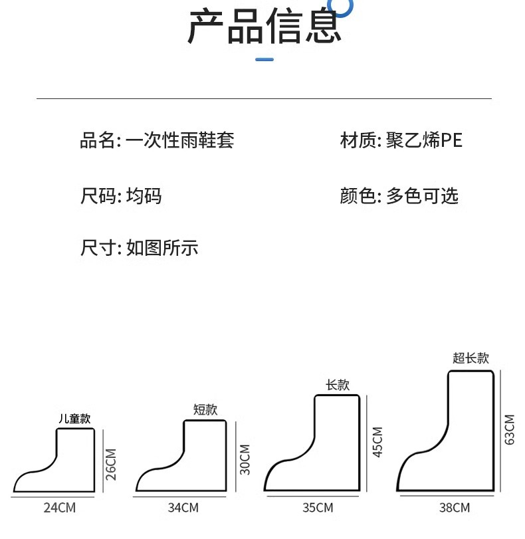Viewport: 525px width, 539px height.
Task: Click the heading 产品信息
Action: pyautogui.click(x=264, y=27)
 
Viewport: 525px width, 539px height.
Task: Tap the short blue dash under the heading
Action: pyautogui.click(x=264, y=60)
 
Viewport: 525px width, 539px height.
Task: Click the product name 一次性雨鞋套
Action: pyautogui.click(x=180, y=140)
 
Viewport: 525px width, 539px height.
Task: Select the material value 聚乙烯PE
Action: pyautogui.click(x=423, y=140)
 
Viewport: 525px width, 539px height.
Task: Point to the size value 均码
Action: pyautogui.click(x=144, y=196)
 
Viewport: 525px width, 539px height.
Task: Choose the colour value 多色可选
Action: pyautogui.click(x=422, y=196)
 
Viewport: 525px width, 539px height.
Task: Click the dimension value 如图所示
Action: pyautogui.click(x=162, y=249)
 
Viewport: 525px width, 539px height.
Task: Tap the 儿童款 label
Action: pyautogui.click(x=74, y=419)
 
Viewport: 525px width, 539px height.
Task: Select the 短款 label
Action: pyautogui.click(x=205, y=409)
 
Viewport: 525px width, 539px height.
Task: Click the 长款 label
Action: pyautogui.click(x=338, y=385)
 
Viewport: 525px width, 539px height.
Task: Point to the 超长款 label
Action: pyautogui.click(x=471, y=358)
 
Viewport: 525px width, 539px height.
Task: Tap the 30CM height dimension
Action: pyautogui.click(x=245, y=459)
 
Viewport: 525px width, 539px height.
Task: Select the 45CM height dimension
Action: pyautogui.click(x=377, y=442)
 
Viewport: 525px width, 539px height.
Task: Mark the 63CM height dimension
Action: pyautogui.click(x=510, y=429)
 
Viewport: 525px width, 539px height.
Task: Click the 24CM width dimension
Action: pyautogui.click(x=60, y=508)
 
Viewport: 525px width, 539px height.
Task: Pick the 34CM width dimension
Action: pyautogui.click(x=183, y=508)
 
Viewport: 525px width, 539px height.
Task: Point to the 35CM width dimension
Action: pyautogui.click(x=317, y=508)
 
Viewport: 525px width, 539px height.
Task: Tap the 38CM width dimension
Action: pyautogui.click(x=454, y=508)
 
